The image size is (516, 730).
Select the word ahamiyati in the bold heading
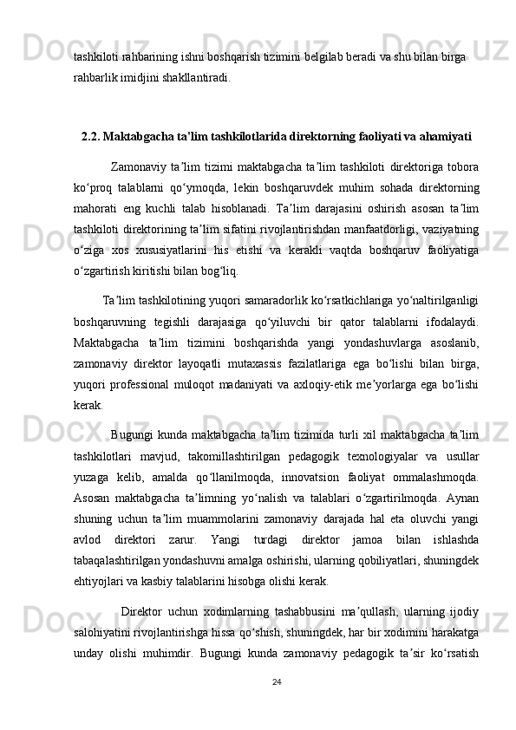441,136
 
